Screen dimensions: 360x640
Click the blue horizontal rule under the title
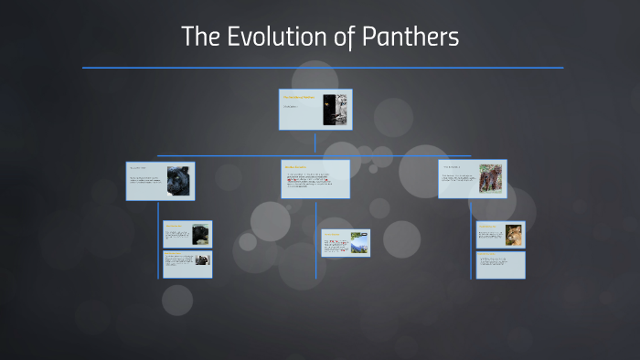322,68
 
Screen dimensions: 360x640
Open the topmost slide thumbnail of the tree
315,110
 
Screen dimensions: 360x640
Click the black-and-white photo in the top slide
340,110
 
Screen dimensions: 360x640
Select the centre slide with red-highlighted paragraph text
315,179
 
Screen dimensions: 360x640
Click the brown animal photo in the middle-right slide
490,179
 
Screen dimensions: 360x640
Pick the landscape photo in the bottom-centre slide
358,243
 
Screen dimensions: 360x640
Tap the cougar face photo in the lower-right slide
513,234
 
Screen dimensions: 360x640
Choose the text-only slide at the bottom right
500,265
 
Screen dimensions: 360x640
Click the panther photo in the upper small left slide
200,235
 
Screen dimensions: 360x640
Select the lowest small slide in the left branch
187,264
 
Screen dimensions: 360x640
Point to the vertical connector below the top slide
315,143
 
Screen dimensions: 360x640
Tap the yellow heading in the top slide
298,97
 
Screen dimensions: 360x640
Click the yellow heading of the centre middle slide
295,167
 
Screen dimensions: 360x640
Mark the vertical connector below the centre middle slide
316,213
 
